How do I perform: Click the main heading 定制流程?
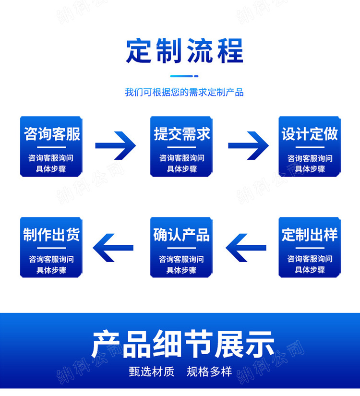pyautogui.click(x=184, y=51)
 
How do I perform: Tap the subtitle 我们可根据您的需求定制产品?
pyautogui.click(x=184, y=92)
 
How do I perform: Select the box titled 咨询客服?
pyautogui.click(x=51, y=146)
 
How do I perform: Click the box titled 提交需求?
pyautogui.click(x=181, y=146)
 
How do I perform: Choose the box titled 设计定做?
pyautogui.click(x=310, y=146)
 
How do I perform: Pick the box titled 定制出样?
pyautogui.click(x=310, y=247)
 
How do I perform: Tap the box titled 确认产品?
pyautogui.click(x=181, y=247)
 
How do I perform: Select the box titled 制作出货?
pyautogui.click(x=51, y=247)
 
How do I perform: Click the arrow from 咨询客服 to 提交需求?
pyautogui.click(x=116, y=145)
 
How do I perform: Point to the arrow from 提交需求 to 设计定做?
pyautogui.click(x=248, y=145)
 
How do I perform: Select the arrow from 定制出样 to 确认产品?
pyautogui.click(x=246, y=248)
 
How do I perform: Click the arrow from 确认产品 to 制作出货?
pyautogui.click(x=113, y=248)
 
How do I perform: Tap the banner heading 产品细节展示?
pyautogui.click(x=183, y=344)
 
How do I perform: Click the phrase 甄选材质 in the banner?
pyautogui.click(x=152, y=371)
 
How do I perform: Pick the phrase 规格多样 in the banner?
pyautogui.click(x=209, y=371)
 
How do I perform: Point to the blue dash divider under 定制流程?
pyautogui.click(x=184, y=76)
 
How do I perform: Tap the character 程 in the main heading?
pyautogui.click(x=229, y=51)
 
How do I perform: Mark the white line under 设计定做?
pyautogui.click(x=310, y=147)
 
